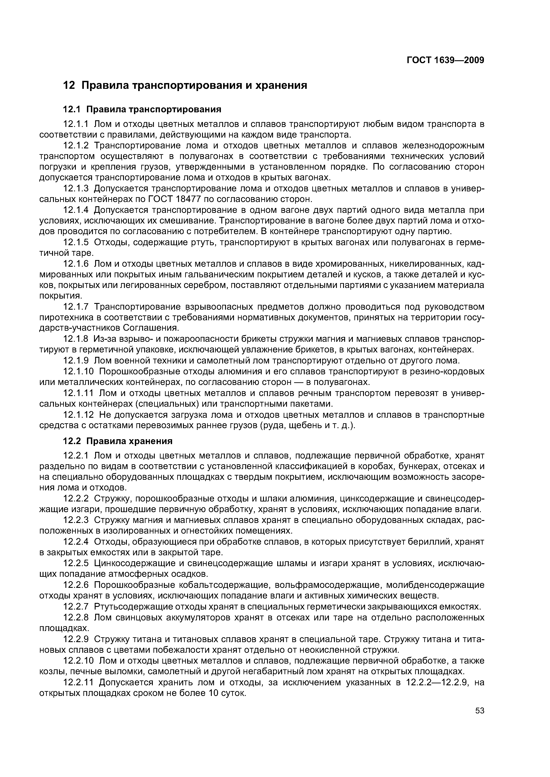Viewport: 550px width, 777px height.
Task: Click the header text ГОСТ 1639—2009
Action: click(x=445, y=60)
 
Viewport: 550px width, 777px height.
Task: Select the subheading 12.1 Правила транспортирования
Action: click(x=142, y=109)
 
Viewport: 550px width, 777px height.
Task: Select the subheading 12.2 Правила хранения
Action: click(x=118, y=441)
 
